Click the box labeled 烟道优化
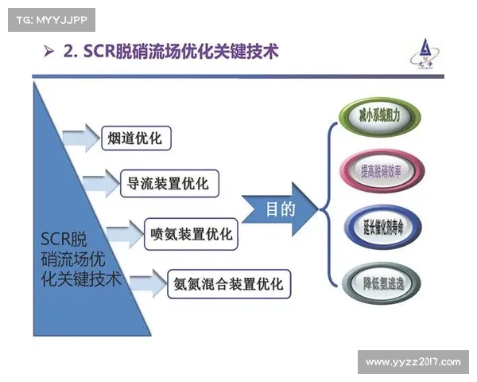135,138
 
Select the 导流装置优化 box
169,185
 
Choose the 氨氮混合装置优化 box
228,284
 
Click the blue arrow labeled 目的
280,210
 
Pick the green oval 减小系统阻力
374,116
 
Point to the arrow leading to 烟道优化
80,138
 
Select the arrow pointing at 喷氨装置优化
123,234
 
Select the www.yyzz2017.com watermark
413,362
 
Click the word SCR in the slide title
99,53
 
